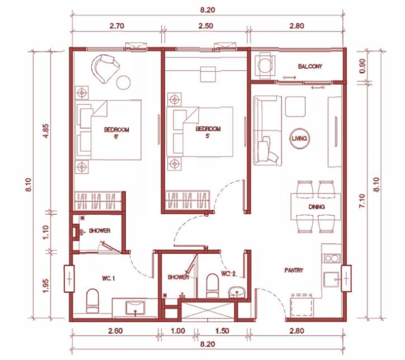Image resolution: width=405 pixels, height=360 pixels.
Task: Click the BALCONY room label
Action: (x=310, y=67)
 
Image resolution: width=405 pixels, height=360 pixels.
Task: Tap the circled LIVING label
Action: (x=299, y=138)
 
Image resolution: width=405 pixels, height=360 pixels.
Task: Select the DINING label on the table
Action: (x=317, y=207)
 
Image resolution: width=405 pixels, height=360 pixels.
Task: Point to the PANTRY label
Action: (x=294, y=270)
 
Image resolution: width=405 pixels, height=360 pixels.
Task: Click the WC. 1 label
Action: (x=109, y=278)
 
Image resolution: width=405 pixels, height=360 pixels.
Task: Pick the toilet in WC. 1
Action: (x=92, y=301)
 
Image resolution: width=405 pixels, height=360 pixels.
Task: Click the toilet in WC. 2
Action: (x=213, y=286)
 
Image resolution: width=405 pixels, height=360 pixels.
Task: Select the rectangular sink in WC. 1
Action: (x=135, y=307)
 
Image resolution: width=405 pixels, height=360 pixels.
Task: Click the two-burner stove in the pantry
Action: (x=331, y=258)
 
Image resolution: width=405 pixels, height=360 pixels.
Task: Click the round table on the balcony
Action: (x=265, y=66)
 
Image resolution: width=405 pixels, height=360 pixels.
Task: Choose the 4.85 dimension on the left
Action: (x=45, y=131)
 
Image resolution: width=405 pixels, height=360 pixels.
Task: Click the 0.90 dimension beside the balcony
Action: (x=362, y=67)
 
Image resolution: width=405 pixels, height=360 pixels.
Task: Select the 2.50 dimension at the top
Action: (x=206, y=26)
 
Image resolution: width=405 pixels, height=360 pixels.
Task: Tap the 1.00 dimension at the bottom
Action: (x=178, y=331)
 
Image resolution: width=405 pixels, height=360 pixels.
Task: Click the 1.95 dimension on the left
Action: (x=45, y=286)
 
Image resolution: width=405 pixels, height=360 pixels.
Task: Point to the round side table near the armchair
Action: (x=123, y=82)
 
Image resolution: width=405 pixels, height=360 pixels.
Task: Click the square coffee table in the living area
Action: (x=295, y=106)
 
